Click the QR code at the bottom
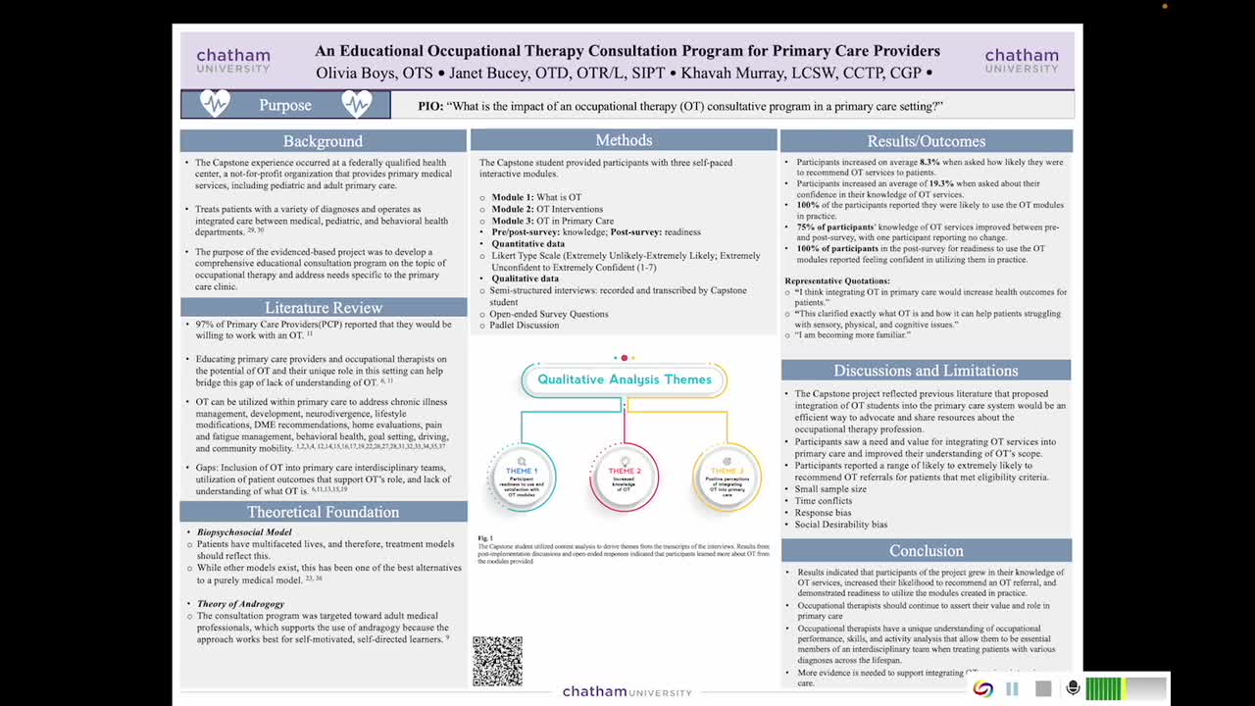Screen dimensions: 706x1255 [497, 661]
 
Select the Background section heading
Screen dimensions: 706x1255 [323, 141]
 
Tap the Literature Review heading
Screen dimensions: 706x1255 [323, 308]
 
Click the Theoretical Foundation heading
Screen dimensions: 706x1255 [323, 512]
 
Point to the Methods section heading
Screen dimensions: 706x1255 [624, 140]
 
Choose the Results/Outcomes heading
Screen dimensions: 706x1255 [926, 141]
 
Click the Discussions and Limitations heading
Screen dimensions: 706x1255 [926, 371]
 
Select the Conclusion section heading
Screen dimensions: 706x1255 [926, 550]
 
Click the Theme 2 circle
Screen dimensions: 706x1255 [625, 477]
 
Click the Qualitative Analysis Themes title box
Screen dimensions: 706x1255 [625, 379]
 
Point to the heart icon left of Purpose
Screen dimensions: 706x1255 [214, 104]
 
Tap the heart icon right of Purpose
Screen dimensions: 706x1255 [357, 104]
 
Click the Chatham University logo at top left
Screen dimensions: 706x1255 [233, 60]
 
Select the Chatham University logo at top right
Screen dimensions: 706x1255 [1022, 60]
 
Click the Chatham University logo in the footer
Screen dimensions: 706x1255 [627, 692]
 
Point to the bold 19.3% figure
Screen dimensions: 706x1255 [941, 183]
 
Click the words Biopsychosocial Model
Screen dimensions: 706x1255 [244, 532]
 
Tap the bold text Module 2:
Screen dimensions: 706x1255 [513, 209]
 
